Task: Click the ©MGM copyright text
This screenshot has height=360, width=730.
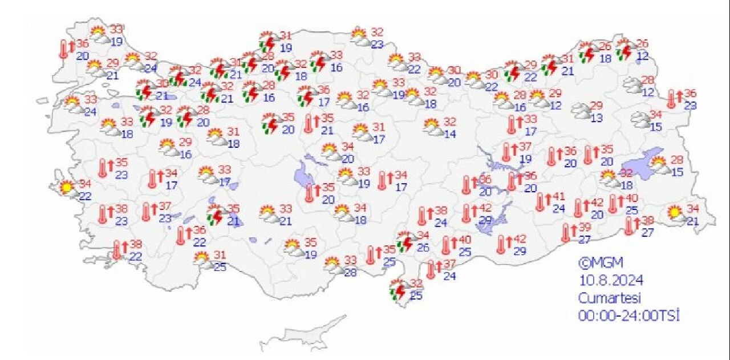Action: pyautogui.click(x=601, y=263)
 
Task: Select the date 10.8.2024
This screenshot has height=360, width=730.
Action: pyautogui.click(x=611, y=281)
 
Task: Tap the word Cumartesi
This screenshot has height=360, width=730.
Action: pyautogui.click(x=610, y=298)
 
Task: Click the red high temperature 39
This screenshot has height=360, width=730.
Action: pyautogui.click(x=585, y=227)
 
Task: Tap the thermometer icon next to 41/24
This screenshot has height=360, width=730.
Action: pyautogui.click(x=540, y=202)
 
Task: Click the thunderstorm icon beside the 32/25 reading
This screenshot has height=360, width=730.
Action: pyautogui.click(x=398, y=289)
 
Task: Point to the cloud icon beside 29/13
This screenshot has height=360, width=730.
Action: pyautogui.click(x=581, y=111)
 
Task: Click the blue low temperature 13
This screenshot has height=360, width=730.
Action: pyautogui.click(x=597, y=118)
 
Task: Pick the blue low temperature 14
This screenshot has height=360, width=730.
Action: pyautogui.click(x=451, y=134)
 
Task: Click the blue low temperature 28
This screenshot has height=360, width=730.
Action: pyautogui.click(x=350, y=272)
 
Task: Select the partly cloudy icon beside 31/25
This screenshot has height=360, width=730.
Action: pyautogui.click(x=202, y=260)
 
